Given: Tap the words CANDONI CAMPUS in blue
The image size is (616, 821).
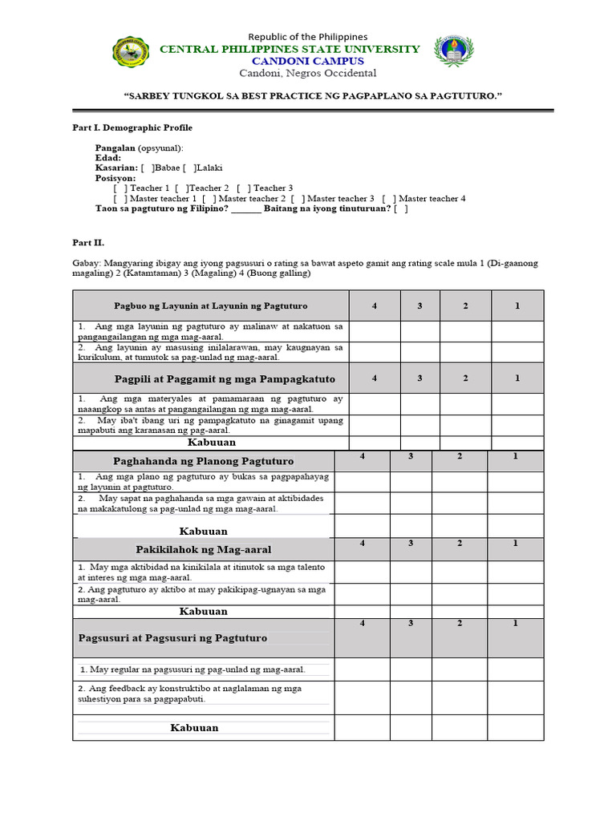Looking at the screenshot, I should click(308, 61).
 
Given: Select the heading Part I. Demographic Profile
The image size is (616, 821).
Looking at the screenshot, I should click(128, 127).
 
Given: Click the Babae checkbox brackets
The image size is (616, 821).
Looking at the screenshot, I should click(148, 168).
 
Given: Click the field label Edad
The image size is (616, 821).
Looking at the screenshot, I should click(108, 158).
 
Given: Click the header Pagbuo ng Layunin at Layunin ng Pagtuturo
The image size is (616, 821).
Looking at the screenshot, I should click(210, 306).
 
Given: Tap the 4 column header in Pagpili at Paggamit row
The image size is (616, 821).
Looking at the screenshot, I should click(374, 378).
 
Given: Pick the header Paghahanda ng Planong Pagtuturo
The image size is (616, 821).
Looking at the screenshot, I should click(204, 461).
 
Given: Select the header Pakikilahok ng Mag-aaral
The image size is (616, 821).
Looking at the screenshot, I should click(204, 549).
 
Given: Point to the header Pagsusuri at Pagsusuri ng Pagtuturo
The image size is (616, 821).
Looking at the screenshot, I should click(172, 638).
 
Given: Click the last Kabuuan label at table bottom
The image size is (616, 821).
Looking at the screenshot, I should click(194, 728).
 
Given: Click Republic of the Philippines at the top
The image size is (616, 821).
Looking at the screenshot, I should click(308, 37).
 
